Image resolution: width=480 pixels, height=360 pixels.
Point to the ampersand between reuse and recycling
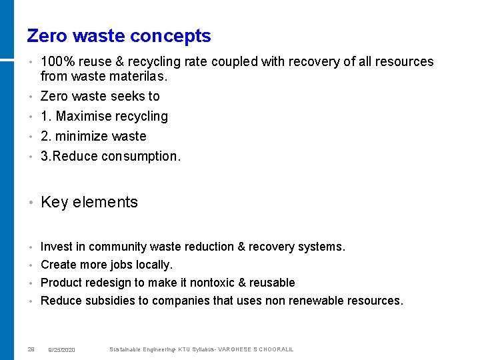tap(119, 62)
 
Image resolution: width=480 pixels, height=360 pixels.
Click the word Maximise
tap(84, 116)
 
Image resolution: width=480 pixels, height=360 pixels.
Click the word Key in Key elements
tap(54, 202)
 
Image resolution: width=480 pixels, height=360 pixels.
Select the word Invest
tap(57, 247)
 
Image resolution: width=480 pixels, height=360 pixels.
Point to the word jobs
tap(117, 265)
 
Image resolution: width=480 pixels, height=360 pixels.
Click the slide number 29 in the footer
tap(31, 349)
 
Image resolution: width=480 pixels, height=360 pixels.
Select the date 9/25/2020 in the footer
tap(62, 350)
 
